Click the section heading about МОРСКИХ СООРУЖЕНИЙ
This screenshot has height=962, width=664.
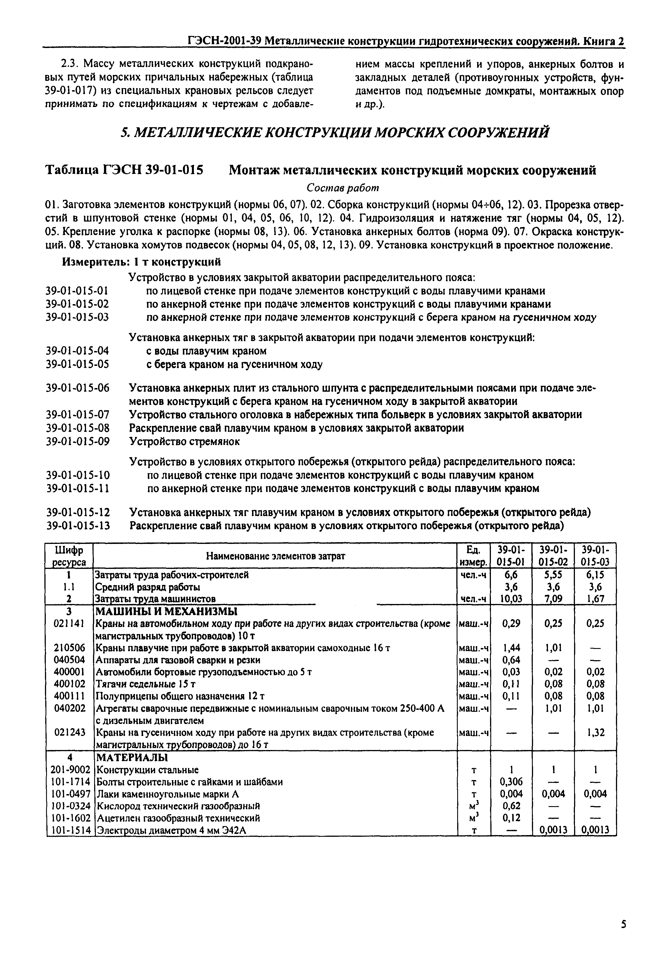pos(335,133)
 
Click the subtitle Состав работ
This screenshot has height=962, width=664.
pos(343,188)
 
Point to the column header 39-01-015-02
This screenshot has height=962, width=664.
pos(553,555)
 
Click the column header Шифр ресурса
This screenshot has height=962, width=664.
pos(69,556)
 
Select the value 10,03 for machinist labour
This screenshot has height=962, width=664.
pos(511,599)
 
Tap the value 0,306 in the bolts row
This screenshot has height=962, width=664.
pos(511,781)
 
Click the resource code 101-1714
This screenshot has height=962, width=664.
pos(69,781)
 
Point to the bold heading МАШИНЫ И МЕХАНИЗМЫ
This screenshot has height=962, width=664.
pos(166,611)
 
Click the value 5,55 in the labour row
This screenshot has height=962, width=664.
pos(553,575)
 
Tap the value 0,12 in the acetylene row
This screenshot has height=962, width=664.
pos(511,818)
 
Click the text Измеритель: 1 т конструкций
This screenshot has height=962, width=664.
pos(141,262)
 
